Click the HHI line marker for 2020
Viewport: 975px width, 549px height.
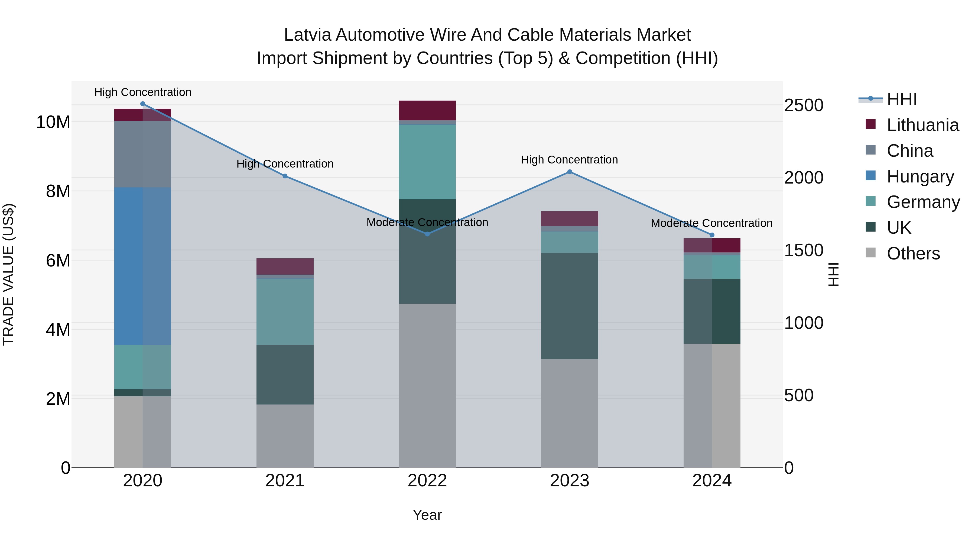point(143,104)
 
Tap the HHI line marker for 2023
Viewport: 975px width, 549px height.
point(569,172)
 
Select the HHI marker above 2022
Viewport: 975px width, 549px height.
point(427,234)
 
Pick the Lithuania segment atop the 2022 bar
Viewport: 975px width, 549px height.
point(427,110)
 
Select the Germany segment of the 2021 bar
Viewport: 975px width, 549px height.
point(285,312)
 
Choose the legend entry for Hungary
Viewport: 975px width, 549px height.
point(920,176)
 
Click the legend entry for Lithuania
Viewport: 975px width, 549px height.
point(922,125)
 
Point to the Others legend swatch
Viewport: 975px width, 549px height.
point(870,253)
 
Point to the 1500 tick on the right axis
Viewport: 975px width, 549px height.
point(803,251)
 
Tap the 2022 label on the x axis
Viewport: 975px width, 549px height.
point(427,481)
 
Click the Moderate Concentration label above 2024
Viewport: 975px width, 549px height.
point(711,223)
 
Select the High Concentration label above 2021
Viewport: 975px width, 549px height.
point(285,164)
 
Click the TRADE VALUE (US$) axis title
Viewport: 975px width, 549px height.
point(8,274)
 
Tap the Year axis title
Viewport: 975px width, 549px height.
point(427,515)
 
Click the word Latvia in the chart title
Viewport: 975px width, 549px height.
point(307,35)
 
